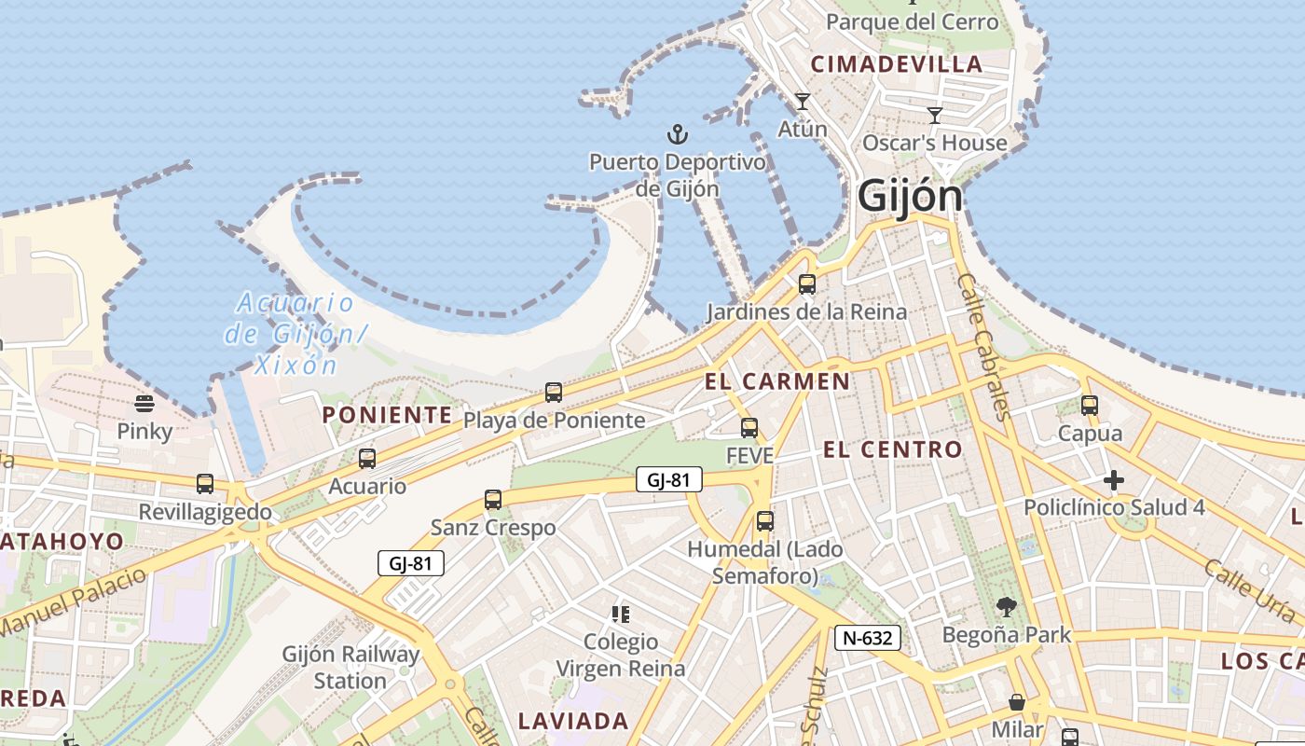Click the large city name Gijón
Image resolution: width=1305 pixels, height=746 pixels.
(x=909, y=196)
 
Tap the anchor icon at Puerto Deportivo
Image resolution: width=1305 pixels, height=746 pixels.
(x=678, y=134)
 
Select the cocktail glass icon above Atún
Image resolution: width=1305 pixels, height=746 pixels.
(x=802, y=101)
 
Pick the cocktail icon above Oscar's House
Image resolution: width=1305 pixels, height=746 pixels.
(x=935, y=115)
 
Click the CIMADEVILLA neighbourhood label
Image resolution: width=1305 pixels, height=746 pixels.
(x=897, y=64)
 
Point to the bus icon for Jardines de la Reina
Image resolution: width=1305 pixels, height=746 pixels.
(x=807, y=284)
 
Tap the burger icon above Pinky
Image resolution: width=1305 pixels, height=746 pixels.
(x=144, y=403)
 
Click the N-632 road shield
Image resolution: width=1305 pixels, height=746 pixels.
(x=869, y=638)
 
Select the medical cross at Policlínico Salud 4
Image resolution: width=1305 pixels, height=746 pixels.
(x=1114, y=480)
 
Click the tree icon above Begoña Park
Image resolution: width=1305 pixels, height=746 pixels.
(x=1006, y=607)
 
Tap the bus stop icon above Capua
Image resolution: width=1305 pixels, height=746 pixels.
(x=1090, y=406)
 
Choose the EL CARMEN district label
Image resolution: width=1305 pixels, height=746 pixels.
(x=777, y=381)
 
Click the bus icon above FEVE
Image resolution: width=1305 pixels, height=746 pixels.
(x=749, y=428)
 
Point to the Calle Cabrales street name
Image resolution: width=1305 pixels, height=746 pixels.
(x=982, y=346)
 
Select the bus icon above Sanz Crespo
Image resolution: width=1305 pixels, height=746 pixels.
(x=493, y=500)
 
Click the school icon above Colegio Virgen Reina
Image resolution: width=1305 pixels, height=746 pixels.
(x=620, y=614)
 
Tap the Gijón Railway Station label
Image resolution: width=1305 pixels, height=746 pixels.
(x=350, y=668)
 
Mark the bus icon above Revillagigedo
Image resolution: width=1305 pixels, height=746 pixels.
(x=205, y=484)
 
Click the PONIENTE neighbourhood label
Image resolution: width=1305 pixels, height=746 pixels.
(x=387, y=415)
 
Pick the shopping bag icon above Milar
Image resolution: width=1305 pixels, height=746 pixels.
(x=1017, y=701)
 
